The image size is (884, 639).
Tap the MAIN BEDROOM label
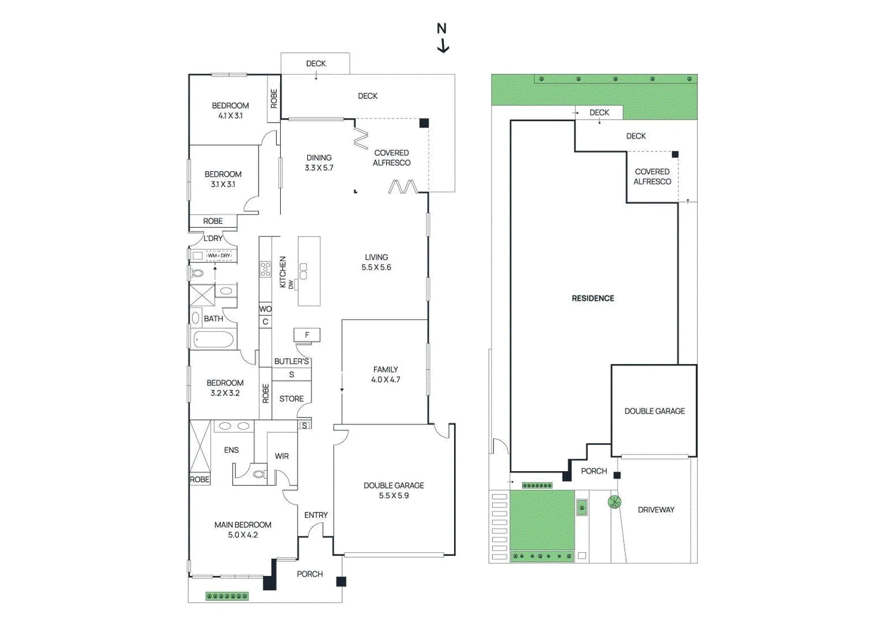coord(243,525)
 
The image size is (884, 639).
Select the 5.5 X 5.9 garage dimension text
coord(393,495)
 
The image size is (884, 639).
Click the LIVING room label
coord(376,257)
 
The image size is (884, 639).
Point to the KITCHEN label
coord(282,272)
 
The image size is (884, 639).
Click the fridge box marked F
coord(307,335)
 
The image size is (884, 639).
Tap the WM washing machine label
coord(212,256)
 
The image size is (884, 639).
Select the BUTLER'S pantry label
coord(291,361)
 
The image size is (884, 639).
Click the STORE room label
coord(291,399)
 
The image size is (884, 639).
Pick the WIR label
coord(281,456)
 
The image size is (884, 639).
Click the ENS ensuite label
coord(231,450)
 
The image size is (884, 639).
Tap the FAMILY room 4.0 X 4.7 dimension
coord(385,380)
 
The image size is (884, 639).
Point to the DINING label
coord(319,158)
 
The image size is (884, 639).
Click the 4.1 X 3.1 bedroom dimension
coord(230,115)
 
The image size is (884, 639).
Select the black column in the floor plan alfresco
coord(424,123)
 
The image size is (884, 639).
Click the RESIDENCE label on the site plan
coord(593,299)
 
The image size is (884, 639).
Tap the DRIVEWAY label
coord(656,510)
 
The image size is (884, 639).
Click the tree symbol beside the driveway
coord(614,502)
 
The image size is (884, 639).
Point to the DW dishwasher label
coord(291,284)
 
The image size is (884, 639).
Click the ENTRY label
coord(315,515)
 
